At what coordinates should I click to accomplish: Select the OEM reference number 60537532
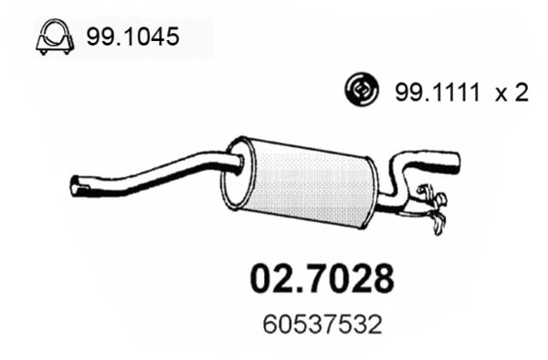(321, 323)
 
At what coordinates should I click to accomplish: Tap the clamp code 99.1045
(132, 37)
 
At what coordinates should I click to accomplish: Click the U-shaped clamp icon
(54, 37)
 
